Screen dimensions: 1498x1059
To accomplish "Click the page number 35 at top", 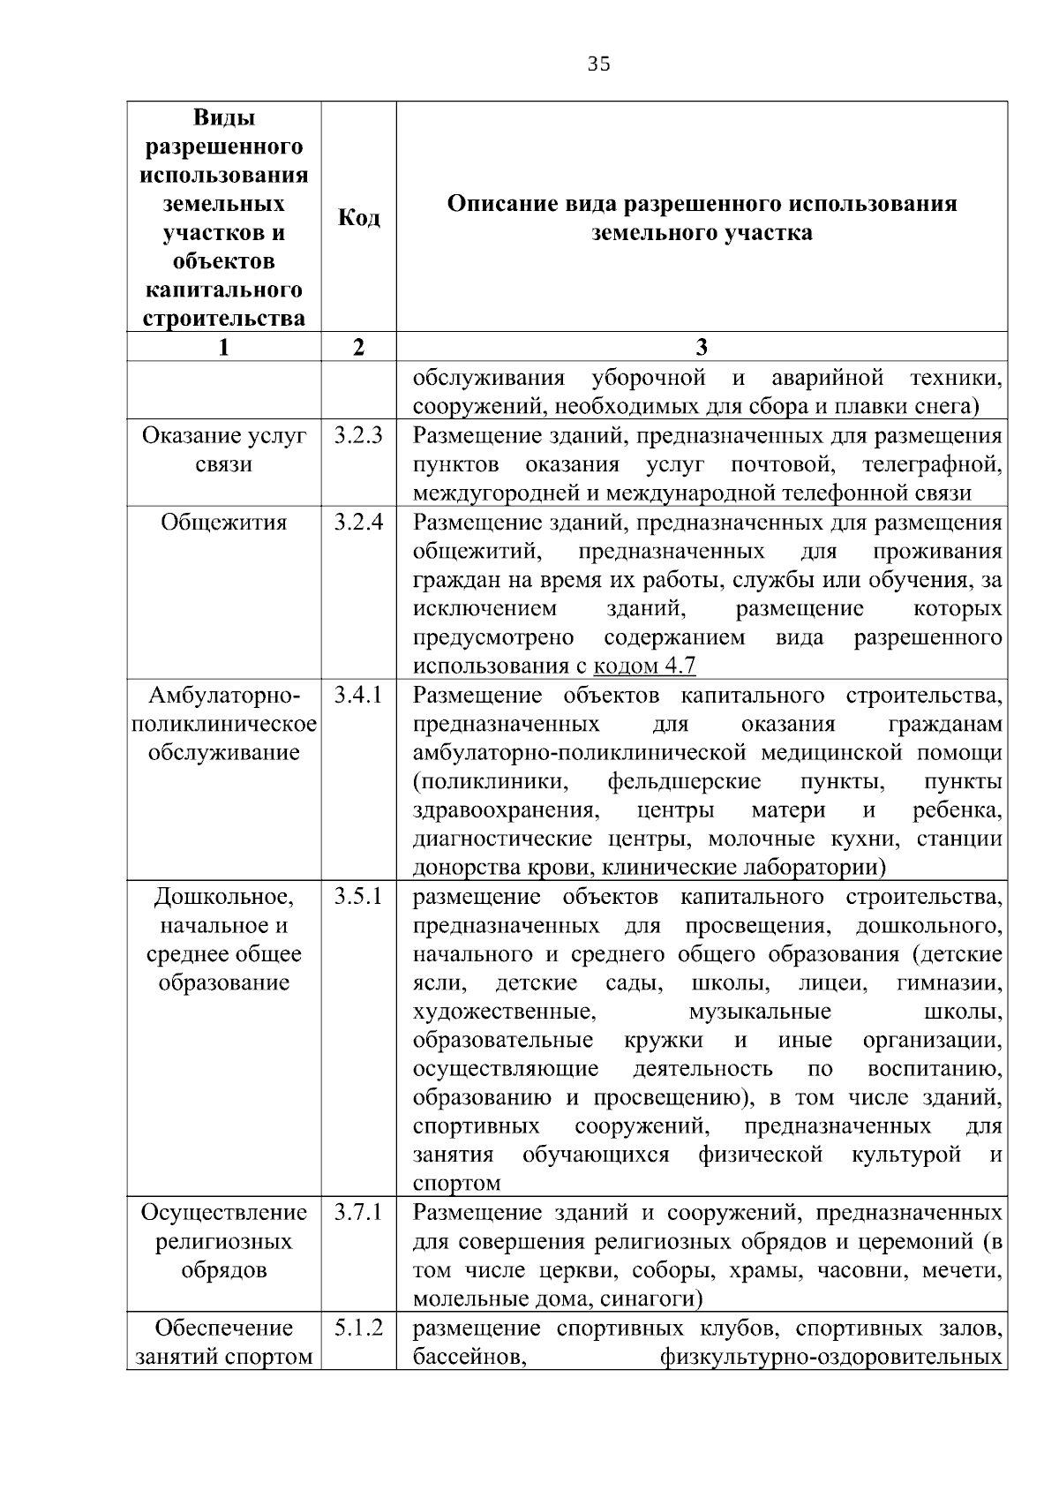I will (x=598, y=64).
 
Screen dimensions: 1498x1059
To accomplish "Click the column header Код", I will (x=358, y=217).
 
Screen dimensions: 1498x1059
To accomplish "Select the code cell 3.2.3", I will (x=358, y=435).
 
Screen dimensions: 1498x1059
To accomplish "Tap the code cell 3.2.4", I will (x=358, y=522).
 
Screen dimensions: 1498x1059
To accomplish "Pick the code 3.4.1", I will (x=358, y=695).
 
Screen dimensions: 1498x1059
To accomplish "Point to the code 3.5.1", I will (x=358, y=897).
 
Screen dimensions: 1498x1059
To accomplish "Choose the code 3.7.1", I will (x=358, y=1213).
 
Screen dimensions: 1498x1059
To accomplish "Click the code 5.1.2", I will (x=358, y=1328).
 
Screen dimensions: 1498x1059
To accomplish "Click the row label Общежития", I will (x=223, y=522).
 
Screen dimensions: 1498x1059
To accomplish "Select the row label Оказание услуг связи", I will (x=223, y=449).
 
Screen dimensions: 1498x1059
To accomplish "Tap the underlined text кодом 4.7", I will (x=645, y=666).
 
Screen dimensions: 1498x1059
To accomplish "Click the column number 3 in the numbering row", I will (x=702, y=347).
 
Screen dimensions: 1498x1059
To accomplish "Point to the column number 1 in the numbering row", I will (x=223, y=347).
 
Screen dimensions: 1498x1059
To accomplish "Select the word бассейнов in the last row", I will (x=470, y=1357).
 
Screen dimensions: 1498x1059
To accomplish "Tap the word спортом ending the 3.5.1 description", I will (x=456, y=1184).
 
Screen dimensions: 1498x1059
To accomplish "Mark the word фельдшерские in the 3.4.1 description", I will (x=684, y=782).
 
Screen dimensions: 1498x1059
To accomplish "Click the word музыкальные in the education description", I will (x=759, y=1012).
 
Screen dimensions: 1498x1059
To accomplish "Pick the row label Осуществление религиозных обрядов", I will (x=223, y=1241).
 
